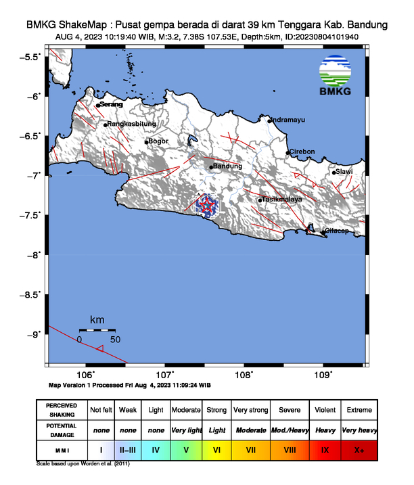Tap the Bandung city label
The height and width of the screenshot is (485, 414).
pos(227,166)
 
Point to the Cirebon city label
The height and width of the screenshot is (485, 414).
pos(302,152)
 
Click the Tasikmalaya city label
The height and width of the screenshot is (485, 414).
pos(281,200)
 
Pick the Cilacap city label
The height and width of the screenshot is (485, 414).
pos(337,231)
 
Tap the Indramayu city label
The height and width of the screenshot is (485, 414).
pos(288,120)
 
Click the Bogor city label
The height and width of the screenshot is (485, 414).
pos(158,141)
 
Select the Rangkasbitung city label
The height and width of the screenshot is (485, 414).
pos(133,124)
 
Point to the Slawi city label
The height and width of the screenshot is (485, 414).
pos(344,171)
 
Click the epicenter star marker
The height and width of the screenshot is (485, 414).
pos(208,204)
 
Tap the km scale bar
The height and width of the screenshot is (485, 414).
pos(97,329)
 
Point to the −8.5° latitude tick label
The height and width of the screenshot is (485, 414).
pos(29,294)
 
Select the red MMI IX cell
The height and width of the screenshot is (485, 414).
pos(325,448)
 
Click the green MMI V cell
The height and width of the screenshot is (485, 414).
pos(186,448)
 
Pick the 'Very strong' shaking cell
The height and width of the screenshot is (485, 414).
pos(250,410)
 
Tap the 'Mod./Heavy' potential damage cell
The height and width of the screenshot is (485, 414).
pos(288,430)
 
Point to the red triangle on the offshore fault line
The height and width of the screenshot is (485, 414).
pos(99,348)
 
